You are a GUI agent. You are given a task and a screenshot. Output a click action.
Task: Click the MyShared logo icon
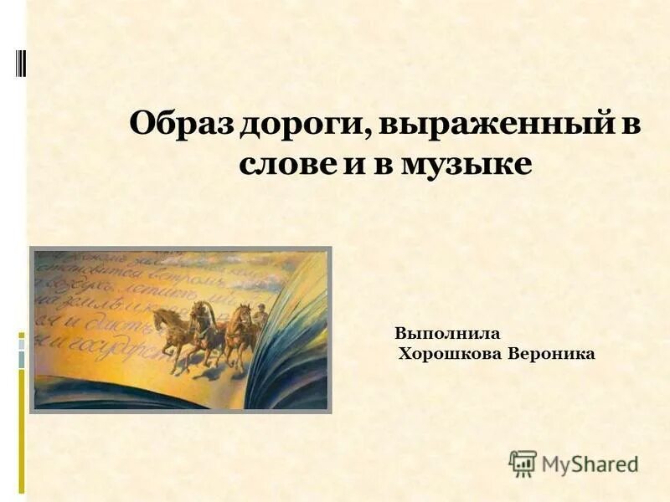click(522, 464)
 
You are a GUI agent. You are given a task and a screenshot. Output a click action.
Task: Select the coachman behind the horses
click(260, 317)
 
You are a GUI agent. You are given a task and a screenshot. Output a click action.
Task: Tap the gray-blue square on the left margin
click(23, 358)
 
